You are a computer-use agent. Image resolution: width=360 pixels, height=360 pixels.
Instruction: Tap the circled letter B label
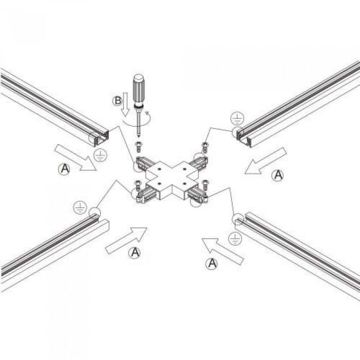coord(117,101)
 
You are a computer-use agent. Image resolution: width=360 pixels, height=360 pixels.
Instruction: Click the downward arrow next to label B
coord(125,104)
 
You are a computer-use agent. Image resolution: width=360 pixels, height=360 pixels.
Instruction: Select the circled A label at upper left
coord(65,169)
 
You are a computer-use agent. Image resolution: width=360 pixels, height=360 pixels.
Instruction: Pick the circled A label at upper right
coord(278,175)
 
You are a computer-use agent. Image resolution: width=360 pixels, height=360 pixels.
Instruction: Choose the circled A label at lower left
coord(135,253)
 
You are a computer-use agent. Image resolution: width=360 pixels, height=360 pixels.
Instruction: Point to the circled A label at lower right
coord(211,263)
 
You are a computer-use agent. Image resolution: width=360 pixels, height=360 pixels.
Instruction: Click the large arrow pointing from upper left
coord(75,158)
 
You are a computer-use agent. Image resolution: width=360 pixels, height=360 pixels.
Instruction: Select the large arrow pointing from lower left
coord(126,240)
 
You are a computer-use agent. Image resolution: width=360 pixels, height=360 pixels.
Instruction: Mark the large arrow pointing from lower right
coord(223,251)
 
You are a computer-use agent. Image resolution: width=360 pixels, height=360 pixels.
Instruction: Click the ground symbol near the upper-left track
coord(100,155)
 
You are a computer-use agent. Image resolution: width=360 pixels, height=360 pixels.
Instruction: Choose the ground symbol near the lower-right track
coord(236,238)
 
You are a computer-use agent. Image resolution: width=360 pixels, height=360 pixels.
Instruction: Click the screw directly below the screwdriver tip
coord(138,147)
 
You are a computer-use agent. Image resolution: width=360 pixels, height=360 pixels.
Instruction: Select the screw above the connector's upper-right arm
coord(205,148)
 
